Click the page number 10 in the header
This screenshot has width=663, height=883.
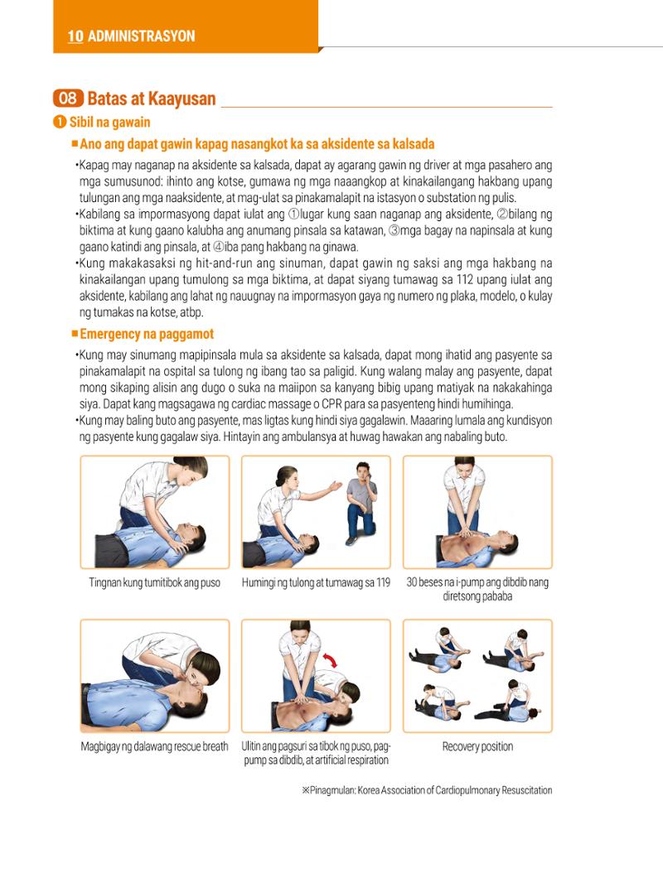[x=75, y=36]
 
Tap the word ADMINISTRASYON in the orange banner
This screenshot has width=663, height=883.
[x=142, y=36]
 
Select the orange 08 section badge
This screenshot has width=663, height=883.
[x=68, y=99]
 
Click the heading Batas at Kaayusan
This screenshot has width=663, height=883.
[x=152, y=99]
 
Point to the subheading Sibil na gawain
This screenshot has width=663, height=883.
[x=110, y=123]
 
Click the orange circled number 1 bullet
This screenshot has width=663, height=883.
[x=60, y=122]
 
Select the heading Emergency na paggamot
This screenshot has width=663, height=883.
[x=147, y=334]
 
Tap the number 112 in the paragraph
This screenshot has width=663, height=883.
[x=465, y=279]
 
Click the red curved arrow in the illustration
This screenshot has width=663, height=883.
[x=330, y=659]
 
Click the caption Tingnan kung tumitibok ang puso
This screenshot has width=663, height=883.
[x=154, y=583]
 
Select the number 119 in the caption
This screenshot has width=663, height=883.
[x=383, y=582]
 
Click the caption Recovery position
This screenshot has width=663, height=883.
[x=477, y=746]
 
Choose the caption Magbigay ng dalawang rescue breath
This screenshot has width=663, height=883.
[x=154, y=746]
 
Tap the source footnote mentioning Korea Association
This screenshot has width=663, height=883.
[x=427, y=790]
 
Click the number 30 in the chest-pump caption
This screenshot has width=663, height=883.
[x=412, y=582]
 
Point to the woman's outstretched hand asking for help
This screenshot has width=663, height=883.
[x=336, y=485]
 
